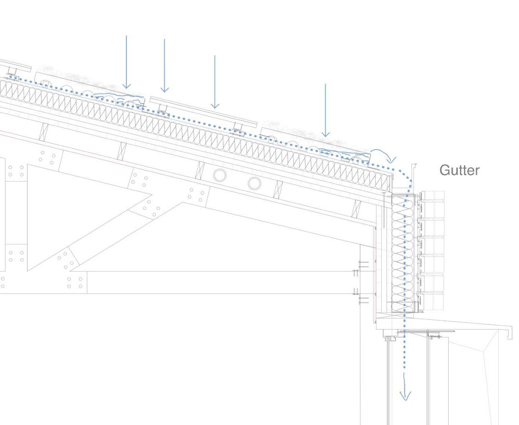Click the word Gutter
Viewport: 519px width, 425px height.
tap(459, 170)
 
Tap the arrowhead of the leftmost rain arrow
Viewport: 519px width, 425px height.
tap(126, 86)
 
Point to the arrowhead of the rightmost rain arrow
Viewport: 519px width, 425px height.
tap(325, 134)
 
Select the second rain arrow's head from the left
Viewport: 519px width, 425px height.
tap(164, 89)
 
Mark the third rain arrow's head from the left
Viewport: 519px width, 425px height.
tap(215, 105)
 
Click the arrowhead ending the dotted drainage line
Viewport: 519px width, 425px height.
tap(405, 395)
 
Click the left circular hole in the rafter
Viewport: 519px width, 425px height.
tap(219, 176)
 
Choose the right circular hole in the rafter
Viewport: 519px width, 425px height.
tap(254, 183)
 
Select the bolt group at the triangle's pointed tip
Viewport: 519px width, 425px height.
tap(148, 205)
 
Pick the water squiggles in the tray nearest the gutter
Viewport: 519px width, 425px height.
tap(344, 152)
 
